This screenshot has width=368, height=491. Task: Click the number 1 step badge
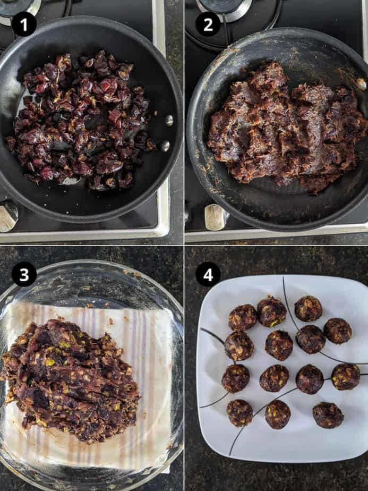click(24, 24)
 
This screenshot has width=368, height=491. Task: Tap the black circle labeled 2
click(208, 24)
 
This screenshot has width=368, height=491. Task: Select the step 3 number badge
click(24, 274)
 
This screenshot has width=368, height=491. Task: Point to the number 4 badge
click(208, 274)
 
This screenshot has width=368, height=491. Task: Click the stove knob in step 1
click(8, 216)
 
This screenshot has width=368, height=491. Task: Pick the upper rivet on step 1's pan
click(169, 120)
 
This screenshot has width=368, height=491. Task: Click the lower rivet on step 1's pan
click(165, 146)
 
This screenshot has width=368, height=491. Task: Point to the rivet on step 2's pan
click(362, 83)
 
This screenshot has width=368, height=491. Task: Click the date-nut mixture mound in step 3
click(71, 379)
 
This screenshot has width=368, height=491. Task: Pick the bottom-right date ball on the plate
click(328, 415)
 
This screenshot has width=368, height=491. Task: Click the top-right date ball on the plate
click(308, 308)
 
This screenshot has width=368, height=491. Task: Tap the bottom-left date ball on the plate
click(239, 413)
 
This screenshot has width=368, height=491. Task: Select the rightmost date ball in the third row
click(346, 376)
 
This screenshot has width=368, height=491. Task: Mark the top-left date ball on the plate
click(243, 318)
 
